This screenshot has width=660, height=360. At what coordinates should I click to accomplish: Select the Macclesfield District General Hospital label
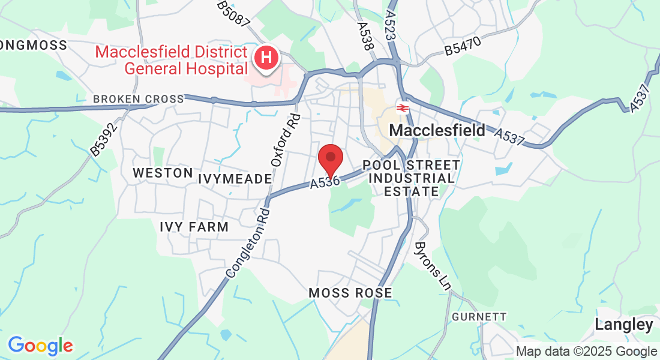(171, 60)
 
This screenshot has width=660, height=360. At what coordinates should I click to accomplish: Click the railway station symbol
(402, 109)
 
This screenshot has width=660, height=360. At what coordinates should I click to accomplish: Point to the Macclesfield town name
(437, 130)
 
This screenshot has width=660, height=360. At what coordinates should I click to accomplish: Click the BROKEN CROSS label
(139, 99)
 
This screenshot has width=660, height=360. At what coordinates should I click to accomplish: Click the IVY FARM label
(194, 227)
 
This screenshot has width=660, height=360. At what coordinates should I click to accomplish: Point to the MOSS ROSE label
(350, 293)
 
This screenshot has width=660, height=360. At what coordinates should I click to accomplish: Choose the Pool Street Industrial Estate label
(412, 178)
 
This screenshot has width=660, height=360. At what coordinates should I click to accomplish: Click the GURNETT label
(479, 317)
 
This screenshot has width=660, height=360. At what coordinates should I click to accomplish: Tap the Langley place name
(624, 325)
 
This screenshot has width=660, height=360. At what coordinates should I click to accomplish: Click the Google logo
(40, 345)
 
